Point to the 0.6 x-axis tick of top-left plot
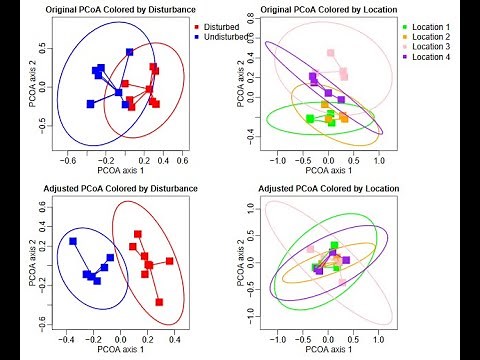pyautogui.click(x=182, y=160)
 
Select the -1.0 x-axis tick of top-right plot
pyautogui.click(x=277, y=160)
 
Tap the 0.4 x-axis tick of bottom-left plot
pyautogui.click(x=173, y=339)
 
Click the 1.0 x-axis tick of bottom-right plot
pyautogui.click(x=378, y=339)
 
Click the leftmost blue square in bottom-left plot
pyautogui.click(x=73, y=242)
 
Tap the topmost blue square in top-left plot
pyautogui.click(x=130, y=52)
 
